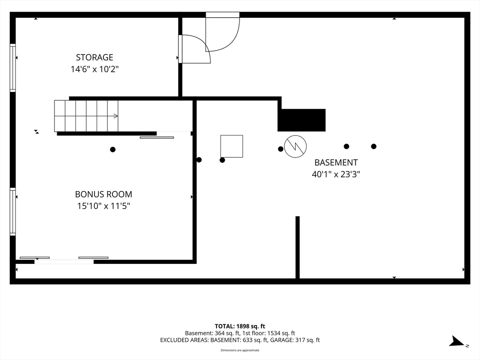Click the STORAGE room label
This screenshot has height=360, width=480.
(x=95, y=57)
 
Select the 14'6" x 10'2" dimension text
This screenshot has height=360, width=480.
(x=95, y=69)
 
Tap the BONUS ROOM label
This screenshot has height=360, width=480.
(x=104, y=194)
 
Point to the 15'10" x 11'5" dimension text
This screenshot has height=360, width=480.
(x=104, y=206)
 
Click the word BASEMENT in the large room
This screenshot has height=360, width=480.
(x=336, y=162)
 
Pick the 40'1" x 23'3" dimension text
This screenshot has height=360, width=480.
(x=336, y=174)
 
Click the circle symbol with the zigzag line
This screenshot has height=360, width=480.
(x=295, y=146)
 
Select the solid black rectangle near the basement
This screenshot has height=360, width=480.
(x=301, y=120)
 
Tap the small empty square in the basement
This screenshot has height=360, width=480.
(x=232, y=146)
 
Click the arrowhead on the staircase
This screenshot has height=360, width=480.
(x=116, y=116)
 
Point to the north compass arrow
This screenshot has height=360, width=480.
(x=457, y=341)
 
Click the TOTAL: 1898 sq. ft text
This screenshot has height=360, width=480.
(x=240, y=326)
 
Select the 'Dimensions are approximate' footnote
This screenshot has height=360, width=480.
(x=240, y=350)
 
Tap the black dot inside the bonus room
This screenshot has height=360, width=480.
(x=112, y=150)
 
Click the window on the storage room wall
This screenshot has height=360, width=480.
(x=13, y=67)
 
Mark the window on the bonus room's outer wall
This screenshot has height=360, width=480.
(x=13, y=211)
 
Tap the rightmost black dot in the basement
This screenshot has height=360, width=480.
(x=374, y=146)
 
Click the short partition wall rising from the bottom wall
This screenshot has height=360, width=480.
(x=297, y=247)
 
